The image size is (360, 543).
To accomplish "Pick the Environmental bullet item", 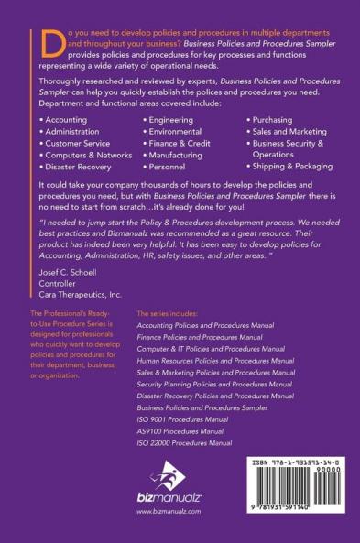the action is coord(176,132).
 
